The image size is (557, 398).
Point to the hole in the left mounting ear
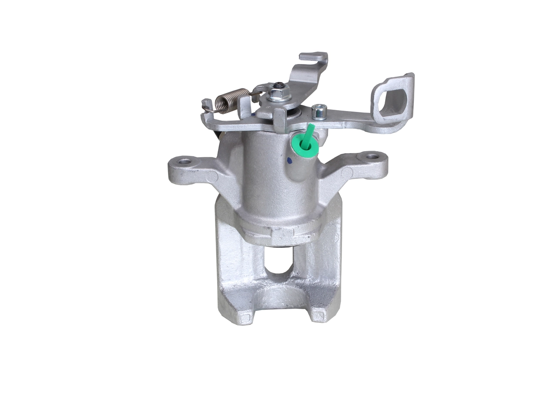point(185,162)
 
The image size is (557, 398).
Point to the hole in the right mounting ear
point(372,156)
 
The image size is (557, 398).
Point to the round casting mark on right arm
point(347,173)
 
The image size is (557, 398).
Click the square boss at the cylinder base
point(282,236)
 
